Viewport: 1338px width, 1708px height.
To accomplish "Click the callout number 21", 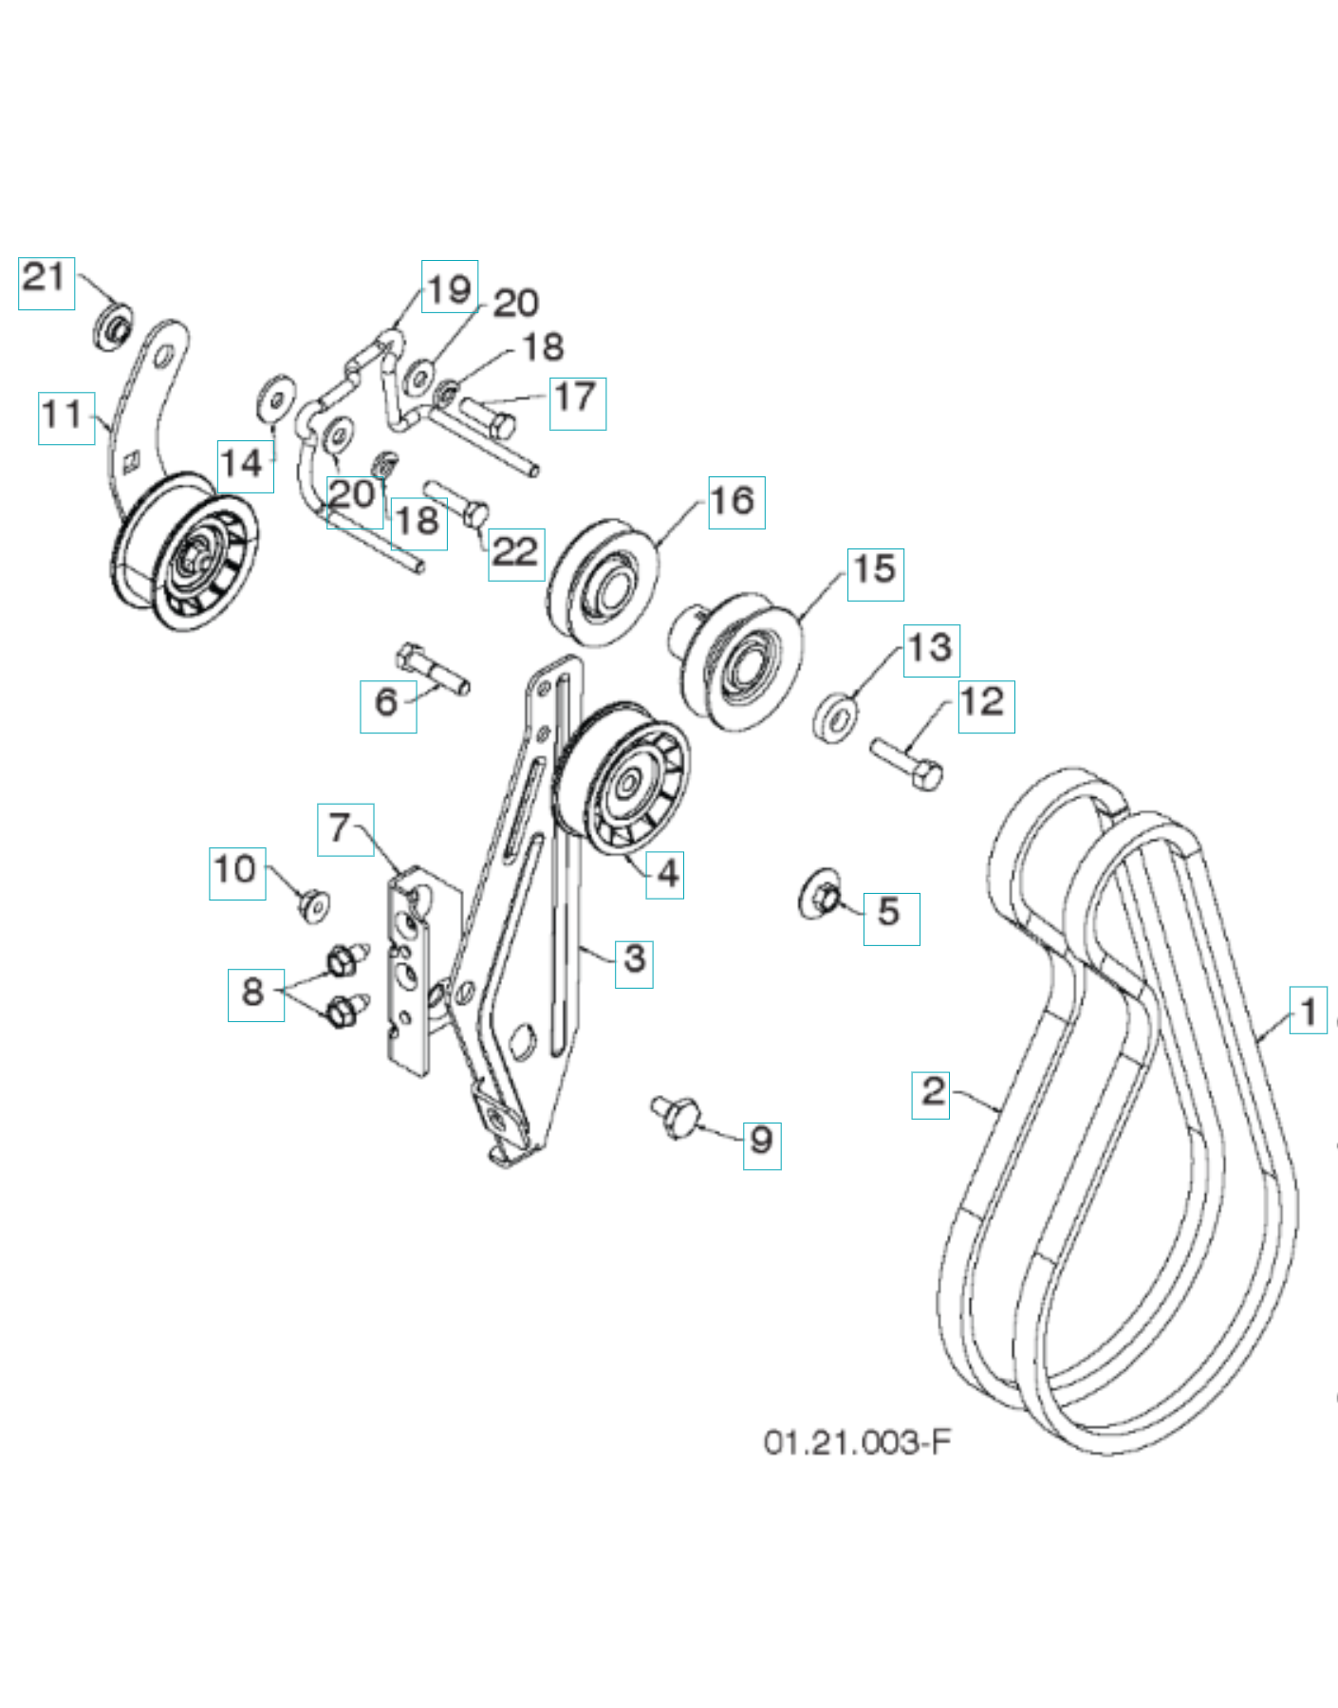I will (46, 282).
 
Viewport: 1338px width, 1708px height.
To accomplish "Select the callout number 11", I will (65, 418).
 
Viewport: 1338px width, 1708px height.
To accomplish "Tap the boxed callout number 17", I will (577, 402).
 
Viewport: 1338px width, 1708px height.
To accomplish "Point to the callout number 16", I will (735, 502).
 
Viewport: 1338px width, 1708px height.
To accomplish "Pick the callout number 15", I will (875, 573).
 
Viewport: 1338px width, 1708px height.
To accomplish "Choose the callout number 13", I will (931, 650).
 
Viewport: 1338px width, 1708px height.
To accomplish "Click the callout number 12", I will (985, 705).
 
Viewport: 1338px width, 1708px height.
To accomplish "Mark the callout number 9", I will (761, 1142).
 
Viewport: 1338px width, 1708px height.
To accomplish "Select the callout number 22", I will (516, 553).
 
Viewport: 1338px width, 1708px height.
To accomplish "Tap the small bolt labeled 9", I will (676, 1113).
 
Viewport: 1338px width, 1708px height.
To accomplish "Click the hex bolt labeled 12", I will (907, 764).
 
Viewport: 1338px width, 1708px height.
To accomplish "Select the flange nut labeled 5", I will (820, 895).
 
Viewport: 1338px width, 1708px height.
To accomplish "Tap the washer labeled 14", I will (276, 399).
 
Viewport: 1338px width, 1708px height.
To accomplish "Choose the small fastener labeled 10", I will (312, 906).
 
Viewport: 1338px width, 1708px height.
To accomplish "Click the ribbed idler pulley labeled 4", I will (623, 782).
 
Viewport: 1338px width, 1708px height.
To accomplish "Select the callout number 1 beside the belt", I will (1308, 1011).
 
